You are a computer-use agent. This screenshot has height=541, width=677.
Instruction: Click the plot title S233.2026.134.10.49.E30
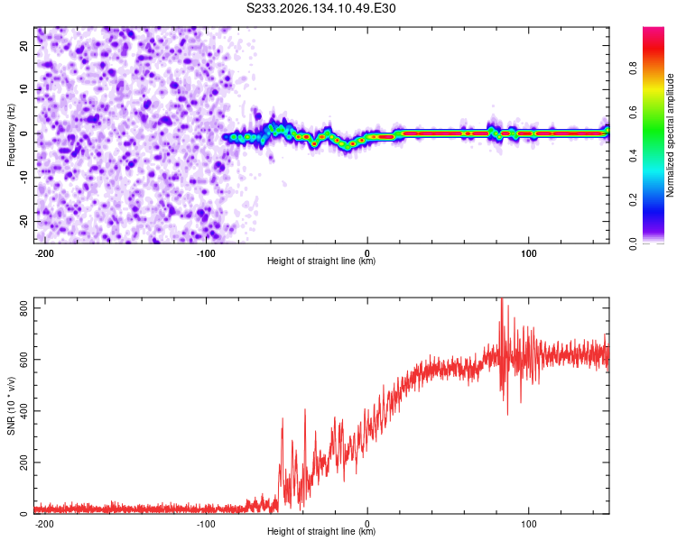[320, 8]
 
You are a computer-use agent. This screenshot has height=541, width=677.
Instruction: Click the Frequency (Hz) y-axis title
[11, 134]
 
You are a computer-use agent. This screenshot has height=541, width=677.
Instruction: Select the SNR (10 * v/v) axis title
[11, 406]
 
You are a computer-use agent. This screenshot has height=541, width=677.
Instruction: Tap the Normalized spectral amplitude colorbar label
[670, 135]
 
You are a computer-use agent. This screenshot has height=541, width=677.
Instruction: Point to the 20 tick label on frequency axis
[23, 46]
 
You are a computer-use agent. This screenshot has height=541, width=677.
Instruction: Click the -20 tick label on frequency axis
[23, 221]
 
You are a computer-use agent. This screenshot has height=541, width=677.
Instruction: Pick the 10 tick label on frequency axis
[23, 89]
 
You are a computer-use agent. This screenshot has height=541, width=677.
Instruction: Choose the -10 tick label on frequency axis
[23, 178]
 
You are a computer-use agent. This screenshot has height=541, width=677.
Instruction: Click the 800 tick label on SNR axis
[23, 308]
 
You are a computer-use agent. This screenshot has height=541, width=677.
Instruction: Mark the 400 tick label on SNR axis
[23, 411]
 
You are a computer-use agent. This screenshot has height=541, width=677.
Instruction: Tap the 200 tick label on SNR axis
[23, 462]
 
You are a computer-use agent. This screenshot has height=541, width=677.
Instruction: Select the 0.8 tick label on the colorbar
[633, 68]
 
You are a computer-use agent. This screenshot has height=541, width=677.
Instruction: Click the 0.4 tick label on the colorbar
[633, 156]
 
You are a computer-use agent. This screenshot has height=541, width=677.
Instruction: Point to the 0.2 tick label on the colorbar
[633, 200]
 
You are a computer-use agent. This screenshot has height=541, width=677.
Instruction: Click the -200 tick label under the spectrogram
[44, 253]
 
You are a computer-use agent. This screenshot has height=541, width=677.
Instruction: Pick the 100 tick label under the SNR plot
[528, 524]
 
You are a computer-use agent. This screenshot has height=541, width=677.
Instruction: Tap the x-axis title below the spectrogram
[321, 261]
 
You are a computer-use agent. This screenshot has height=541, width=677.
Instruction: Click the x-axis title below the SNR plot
[321, 531]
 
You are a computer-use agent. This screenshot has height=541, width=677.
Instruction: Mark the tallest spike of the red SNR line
[502, 298]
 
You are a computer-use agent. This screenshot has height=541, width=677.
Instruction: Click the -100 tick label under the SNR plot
[206, 524]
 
